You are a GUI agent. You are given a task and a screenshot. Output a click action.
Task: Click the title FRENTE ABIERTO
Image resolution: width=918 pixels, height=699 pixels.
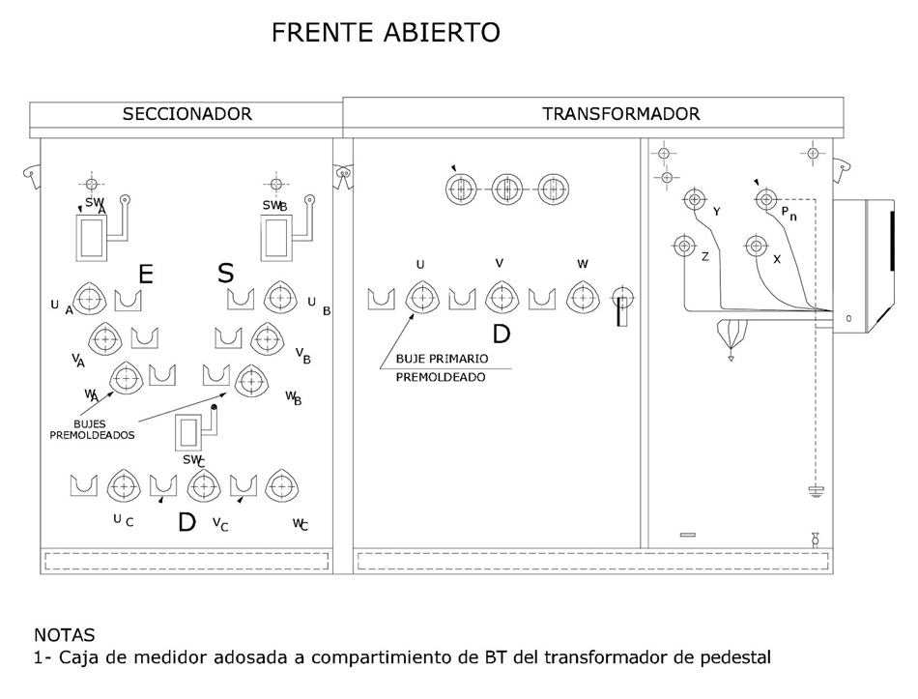386,32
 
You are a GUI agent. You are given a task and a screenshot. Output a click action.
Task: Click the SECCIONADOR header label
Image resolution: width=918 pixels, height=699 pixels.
186,114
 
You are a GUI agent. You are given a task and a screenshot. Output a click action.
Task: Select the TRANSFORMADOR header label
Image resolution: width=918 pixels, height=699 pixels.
620,114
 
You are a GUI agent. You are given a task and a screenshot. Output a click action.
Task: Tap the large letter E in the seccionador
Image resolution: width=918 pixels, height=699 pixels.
145,274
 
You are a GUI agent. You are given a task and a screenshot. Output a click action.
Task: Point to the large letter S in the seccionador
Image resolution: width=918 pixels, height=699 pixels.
225,273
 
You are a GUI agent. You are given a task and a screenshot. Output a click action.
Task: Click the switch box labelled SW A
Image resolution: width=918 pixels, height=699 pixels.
92,237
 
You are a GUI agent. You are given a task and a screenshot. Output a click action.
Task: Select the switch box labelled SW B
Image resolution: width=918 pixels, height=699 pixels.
276,237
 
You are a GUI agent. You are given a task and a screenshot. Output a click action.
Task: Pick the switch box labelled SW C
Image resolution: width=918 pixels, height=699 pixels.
189,433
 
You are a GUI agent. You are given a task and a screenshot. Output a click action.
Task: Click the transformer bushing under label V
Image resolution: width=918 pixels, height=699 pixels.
502,297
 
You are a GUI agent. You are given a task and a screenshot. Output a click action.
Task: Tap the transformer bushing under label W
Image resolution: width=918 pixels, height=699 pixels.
583,297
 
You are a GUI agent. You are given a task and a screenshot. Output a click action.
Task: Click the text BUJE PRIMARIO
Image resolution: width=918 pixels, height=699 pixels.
442,359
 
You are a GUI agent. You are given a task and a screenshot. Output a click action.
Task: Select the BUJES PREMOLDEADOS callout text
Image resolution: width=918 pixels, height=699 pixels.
92,429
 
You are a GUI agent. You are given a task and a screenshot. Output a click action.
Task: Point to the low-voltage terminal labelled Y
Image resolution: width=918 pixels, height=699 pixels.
695,200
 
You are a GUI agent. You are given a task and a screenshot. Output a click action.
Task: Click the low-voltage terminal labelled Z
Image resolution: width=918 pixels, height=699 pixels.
684,246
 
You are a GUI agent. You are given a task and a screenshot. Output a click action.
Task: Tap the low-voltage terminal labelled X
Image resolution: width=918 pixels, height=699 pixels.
757,246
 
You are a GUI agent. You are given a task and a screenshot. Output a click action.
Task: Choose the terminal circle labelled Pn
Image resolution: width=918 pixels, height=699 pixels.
766,200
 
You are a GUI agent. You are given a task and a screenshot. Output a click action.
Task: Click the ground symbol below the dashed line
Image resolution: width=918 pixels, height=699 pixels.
817,491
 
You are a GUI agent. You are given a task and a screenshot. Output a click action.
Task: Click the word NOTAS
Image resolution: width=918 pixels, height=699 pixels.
65,635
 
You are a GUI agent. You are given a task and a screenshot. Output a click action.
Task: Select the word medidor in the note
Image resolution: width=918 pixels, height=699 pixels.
170,657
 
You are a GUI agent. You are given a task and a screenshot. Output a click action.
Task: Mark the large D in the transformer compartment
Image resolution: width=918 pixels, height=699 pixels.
502,334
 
